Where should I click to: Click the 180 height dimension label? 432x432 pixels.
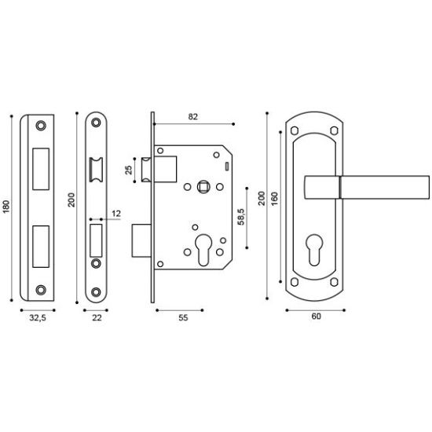pyautogui.click(x=6, y=207)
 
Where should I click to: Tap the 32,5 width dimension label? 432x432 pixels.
pyautogui.click(x=38, y=318)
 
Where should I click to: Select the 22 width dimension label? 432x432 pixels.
pyautogui.click(x=97, y=318)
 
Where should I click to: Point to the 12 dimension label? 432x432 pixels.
pyautogui.click(x=116, y=214)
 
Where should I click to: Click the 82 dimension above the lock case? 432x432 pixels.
pyautogui.click(x=193, y=117)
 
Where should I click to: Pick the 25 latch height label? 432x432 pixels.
pyautogui.click(x=129, y=170)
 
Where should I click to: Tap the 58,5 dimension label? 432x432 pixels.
pyautogui.click(x=241, y=217)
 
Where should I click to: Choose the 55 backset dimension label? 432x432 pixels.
pyautogui.click(x=183, y=318)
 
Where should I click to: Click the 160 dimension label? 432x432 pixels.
pyautogui.click(x=275, y=199)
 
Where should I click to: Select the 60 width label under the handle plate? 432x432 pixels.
pyautogui.click(x=317, y=317)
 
